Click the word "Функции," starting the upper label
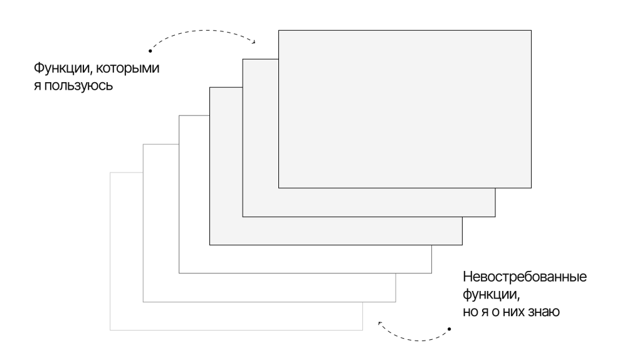pos(62,68)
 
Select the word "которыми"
pos(128,68)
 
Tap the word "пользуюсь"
pos(78,86)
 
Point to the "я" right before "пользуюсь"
pos(37,86)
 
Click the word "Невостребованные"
pos(525,277)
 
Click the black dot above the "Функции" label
pos(150,51)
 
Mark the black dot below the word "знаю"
pos(449,329)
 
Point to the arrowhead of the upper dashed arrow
pos(254,41)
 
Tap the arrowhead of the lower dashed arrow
pos(379,324)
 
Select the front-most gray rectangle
pos(405,109)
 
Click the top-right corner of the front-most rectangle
pos(532,30)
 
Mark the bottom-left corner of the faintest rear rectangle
pos(110,330)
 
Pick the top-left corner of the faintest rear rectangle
pos(110,173)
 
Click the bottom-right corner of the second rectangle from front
pos(495,216)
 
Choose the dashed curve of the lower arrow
pos(418,341)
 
